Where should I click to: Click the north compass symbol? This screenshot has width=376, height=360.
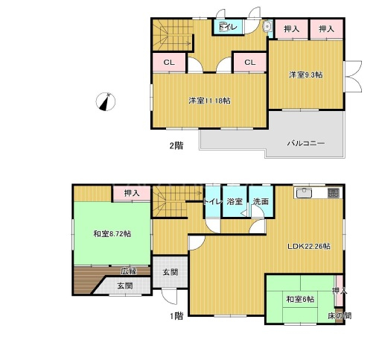coord(106,101)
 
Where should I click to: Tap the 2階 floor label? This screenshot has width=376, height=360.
coord(176,145)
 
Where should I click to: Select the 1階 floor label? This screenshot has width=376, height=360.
coord(176,316)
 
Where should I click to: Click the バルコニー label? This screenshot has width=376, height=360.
coord(306,143)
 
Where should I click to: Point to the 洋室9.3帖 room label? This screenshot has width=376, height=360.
coord(306,75)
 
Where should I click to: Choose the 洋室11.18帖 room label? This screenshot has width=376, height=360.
coord(209,101)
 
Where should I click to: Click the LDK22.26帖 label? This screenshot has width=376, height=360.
coord(309,246)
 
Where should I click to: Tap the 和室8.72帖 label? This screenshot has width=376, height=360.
coord(112,234)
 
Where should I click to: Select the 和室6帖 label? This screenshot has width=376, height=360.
coord(300,299)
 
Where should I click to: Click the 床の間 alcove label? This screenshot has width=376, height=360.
coord(340,316)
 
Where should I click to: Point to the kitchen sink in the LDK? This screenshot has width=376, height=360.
coord(303,193)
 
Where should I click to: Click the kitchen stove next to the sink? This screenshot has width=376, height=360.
coord(334,193)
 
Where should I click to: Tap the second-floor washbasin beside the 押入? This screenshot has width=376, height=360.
coord(267,26)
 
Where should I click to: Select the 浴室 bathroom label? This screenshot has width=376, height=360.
coord(235,201)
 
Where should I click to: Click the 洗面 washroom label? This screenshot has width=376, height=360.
coord(261,201)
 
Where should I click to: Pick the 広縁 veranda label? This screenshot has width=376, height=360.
coord(129,271)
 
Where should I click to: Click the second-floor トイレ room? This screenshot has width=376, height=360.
coord(228,26)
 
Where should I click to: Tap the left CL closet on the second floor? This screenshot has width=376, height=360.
coord(169,63)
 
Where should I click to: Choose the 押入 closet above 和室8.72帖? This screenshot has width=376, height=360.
coord(132,193)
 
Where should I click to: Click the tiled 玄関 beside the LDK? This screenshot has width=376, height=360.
coord(170,272)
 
